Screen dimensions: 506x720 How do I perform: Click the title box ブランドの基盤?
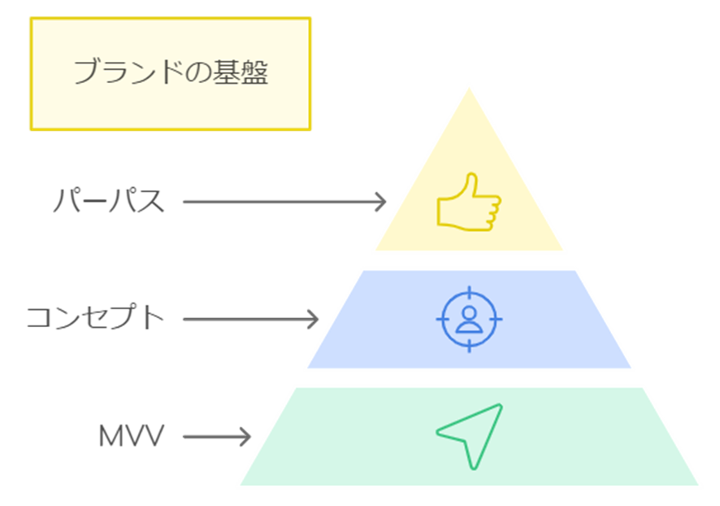pos(171,73)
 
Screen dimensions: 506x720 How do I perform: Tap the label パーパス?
pos(109,201)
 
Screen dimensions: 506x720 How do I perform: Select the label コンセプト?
pos(96,318)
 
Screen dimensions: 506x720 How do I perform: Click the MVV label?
pos(131,437)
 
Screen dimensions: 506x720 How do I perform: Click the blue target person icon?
pos(469,318)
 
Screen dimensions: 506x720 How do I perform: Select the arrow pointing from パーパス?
pos(284,201)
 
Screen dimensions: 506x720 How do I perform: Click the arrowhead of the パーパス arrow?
pos(380,201)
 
